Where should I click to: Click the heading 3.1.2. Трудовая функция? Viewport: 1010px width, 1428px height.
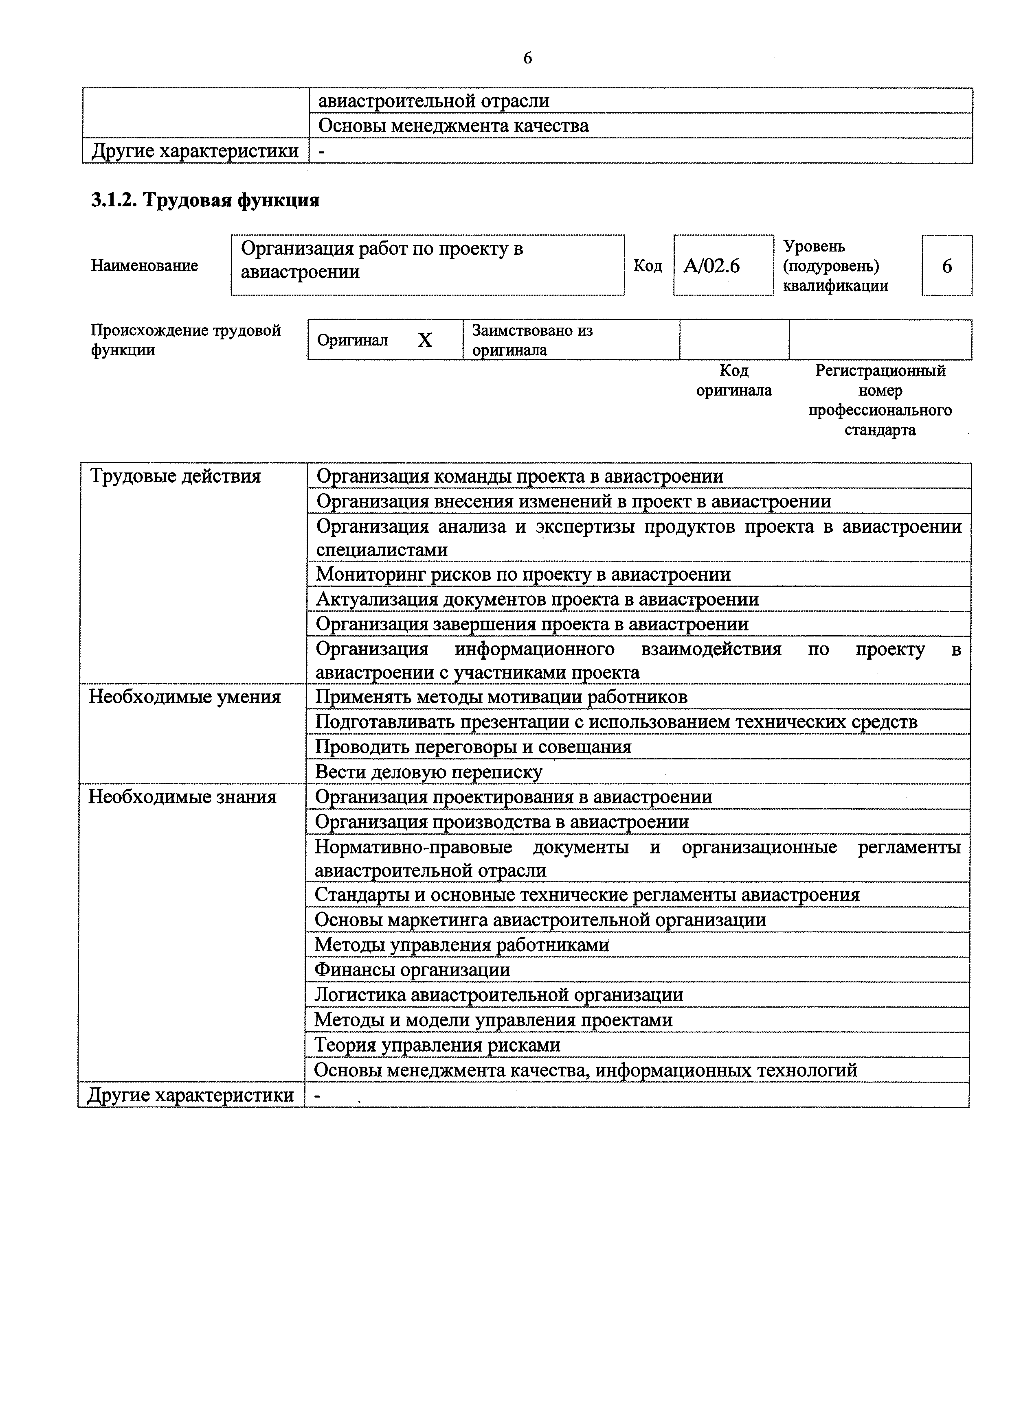point(205,200)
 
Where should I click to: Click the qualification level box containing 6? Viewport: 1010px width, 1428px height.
point(946,266)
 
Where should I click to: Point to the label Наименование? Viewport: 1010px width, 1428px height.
point(145,266)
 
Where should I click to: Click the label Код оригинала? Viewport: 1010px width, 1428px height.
point(734,381)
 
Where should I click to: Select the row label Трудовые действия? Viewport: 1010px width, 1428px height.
point(176,477)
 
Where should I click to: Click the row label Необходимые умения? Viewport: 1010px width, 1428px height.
point(185,697)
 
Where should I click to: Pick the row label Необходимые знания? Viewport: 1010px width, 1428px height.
point(182,797)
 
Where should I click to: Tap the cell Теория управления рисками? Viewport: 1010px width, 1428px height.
point(437,1044)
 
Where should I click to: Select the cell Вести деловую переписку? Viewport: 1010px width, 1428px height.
point(429,772)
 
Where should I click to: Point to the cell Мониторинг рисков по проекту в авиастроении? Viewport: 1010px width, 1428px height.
point(523,574)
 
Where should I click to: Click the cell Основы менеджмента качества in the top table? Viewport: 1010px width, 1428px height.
point(453,126)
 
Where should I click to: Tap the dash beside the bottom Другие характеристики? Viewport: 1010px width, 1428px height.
point(317,1095)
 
